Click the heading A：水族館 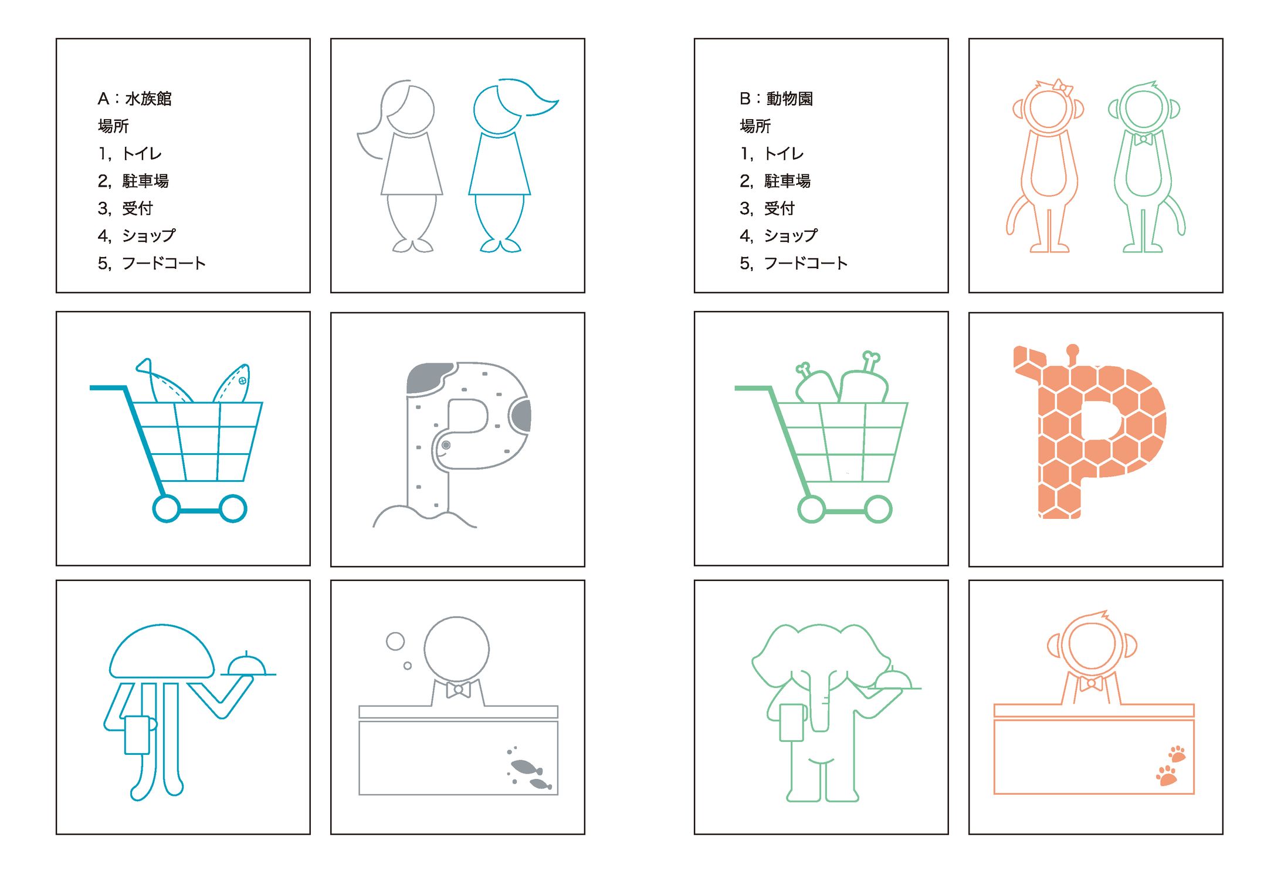coord(134,99)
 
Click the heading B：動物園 coord(776,99)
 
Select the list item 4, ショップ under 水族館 coord(137,235)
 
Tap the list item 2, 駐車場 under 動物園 coord(775,181)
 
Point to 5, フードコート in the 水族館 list coord(151,263)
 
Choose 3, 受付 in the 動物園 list coord(767,208)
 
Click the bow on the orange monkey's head coord(1062,87)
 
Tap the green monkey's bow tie coord(1143,139)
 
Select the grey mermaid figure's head coord(411,109)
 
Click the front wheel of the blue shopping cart coord(233,508)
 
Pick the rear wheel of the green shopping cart coord(811,509)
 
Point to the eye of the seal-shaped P coord(446,446)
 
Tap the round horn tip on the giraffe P coord(1073,350)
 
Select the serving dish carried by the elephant coord(894,680)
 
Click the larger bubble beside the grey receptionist coord(395,641)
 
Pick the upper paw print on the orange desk coord(1177,754)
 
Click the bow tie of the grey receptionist coord(458,690)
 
